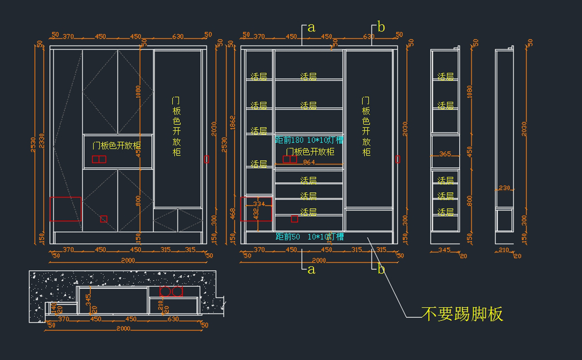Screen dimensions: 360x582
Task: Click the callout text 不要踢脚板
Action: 462,314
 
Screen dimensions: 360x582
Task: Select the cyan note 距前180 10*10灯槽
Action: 309,140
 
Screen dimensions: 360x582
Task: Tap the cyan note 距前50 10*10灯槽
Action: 309,237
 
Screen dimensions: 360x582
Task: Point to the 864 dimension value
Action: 309,163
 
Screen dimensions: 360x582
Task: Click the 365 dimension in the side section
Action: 445,154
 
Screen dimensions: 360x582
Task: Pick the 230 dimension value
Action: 504,188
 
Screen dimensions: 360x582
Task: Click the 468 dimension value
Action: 232,213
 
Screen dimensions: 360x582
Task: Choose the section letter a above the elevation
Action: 311,28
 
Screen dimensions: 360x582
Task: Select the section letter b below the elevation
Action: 381,270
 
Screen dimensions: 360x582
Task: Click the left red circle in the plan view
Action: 165,291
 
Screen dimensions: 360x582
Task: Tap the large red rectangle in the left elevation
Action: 65,209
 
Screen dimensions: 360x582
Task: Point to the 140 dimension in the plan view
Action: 53,307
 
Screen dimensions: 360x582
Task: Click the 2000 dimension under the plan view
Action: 124,328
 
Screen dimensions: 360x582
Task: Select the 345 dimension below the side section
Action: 444,250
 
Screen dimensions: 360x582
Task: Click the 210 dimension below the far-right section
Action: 504,250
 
